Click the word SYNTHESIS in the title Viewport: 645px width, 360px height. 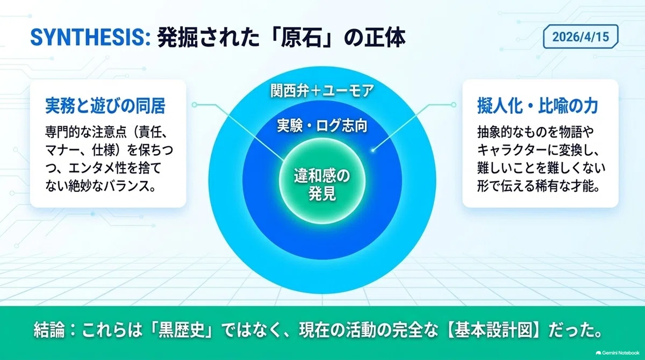point(90,38)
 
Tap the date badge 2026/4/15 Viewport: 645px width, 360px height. point(580,37)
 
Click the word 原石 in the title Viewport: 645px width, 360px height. point(301,38)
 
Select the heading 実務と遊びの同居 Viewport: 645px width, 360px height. point(105,106)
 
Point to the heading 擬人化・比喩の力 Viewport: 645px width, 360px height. point(537,106)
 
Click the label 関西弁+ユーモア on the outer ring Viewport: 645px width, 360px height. point(322,91)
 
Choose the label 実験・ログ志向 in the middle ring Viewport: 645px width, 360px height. point(322,126)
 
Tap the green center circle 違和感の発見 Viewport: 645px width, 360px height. point(322,181)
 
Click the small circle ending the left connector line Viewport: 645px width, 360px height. point(195,105)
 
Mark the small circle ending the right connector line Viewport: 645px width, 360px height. point(454,105)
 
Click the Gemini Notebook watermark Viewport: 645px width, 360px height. point(618,353)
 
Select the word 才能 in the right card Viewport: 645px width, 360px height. point(579,186)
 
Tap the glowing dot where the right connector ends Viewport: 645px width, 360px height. point(373,150)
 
